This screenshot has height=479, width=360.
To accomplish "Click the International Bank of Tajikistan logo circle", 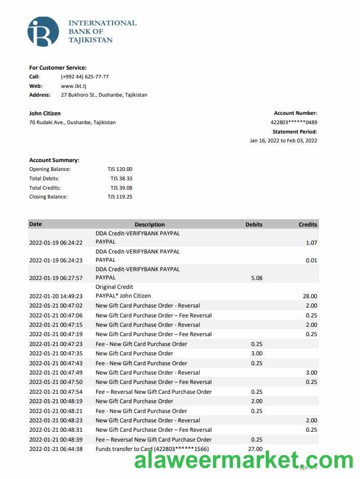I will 43,32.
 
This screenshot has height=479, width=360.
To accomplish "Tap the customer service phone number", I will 85,77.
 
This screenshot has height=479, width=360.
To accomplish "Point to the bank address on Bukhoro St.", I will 104,95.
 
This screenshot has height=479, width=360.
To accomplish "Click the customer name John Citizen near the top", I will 45,113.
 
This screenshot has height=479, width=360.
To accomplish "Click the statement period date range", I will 283,140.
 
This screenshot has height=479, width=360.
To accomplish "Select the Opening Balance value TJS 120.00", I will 121,169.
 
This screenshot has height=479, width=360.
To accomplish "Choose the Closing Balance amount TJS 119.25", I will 120,197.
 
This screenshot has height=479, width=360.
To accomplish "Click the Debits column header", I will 254,224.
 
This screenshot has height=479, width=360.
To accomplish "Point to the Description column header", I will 150,224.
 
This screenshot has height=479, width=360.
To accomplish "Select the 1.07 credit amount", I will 311,243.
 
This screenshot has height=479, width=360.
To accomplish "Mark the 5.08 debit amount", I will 257,278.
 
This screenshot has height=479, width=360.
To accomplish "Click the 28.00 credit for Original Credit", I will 310,296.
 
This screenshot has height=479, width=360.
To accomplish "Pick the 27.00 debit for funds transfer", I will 257,449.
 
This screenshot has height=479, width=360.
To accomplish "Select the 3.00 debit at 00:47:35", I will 257,353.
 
